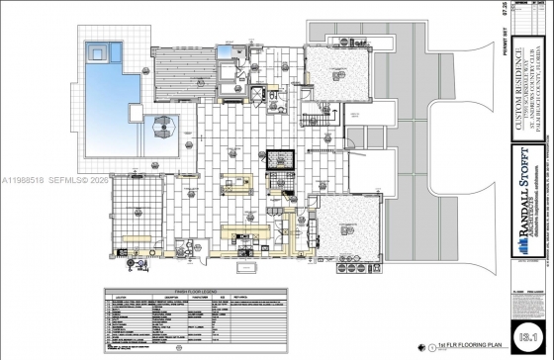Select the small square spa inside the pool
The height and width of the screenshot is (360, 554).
click(97, 50)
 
